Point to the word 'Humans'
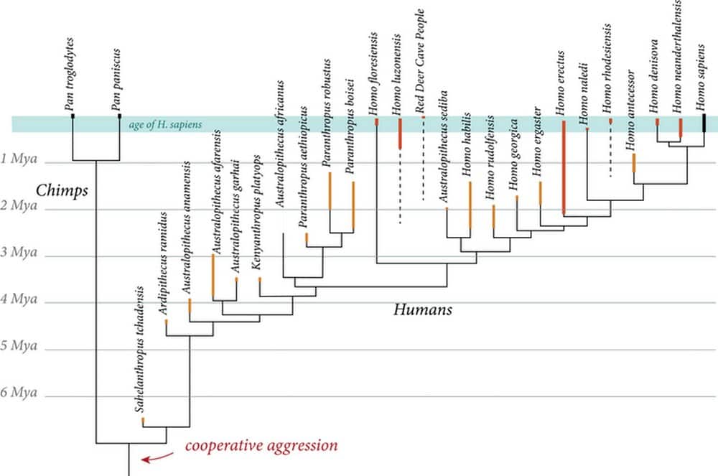(423, 310)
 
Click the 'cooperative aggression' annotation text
(261, 446)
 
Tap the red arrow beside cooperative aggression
(157, 457)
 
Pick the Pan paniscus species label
(115, 80)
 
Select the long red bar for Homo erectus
(564, 167)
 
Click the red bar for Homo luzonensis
(399, 134)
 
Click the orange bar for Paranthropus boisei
(353, 205)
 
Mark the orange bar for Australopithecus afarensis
(213, 276)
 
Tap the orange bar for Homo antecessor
(633, 162)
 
